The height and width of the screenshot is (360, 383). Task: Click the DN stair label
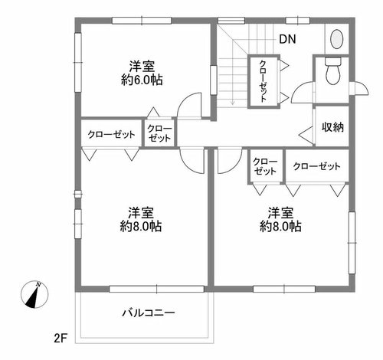[287, 39]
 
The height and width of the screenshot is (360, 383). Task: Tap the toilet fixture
[333, 70]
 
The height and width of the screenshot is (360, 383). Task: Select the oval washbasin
[337, 39]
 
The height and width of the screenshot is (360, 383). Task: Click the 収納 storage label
[332, 127]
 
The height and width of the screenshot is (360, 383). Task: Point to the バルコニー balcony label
[149, 313]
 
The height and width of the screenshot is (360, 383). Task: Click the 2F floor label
[61, 339]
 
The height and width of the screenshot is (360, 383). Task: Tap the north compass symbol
[34, 294]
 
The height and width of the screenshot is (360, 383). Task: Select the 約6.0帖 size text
[142, 80]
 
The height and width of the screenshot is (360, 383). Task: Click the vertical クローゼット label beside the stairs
[264, 81]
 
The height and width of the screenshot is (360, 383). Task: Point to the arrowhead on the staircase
[232, 103]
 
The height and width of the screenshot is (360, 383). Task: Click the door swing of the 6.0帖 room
[189, 105]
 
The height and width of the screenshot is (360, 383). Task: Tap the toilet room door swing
[303, 92]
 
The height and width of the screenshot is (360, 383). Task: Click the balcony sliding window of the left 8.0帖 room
[157, 289]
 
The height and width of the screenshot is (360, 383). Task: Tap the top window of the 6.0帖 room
[142, 21]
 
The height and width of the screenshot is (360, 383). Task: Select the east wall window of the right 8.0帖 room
[352, 243]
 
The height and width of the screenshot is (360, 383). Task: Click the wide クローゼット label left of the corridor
[111, 134]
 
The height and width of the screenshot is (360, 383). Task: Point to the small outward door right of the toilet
[359, 88]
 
